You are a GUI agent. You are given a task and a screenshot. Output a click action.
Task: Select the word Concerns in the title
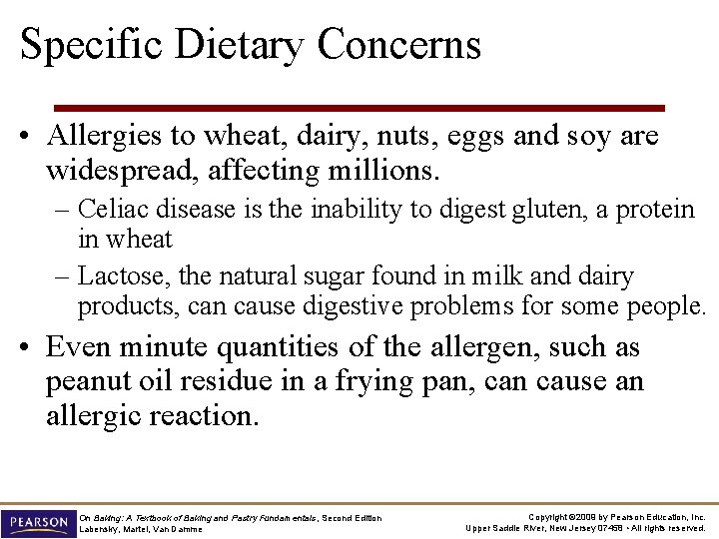399,46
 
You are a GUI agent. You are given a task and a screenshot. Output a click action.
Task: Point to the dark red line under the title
359,108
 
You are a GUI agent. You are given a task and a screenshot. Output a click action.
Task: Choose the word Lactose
118,275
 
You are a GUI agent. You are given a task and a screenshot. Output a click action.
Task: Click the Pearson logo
37,522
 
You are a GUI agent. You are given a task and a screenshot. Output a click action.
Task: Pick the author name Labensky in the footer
98,529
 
